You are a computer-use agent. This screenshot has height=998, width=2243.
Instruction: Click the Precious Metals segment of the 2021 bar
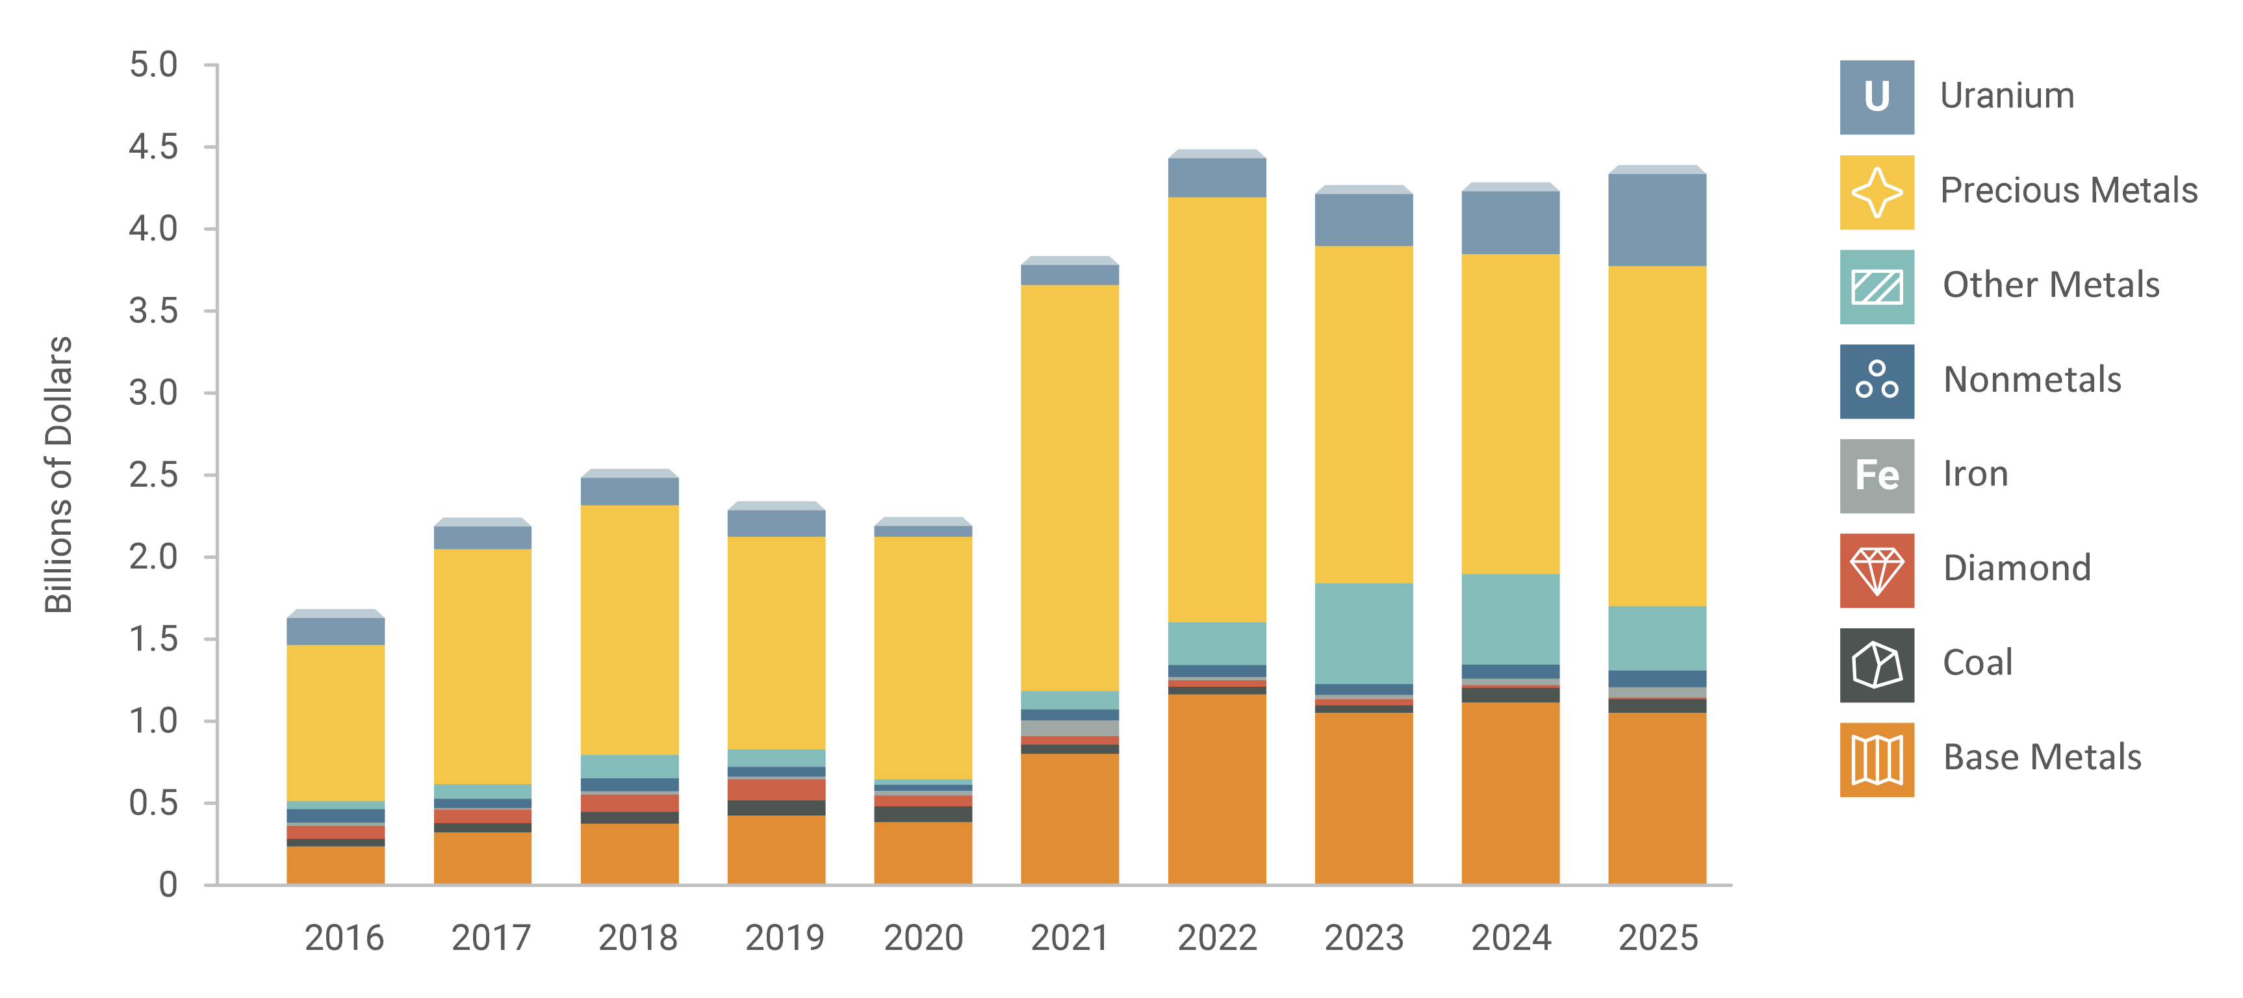[x=1070, y=488]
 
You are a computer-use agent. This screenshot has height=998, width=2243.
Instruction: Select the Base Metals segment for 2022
[x=1216, y=788]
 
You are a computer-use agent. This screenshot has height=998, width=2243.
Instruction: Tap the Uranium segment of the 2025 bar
[x=1656, y=220]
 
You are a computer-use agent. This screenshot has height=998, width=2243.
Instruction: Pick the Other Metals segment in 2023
[x=1364, y=633]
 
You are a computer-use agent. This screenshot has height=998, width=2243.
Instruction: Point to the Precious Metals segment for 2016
[x=335, y=723]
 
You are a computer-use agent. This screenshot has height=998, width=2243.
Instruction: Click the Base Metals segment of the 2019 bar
[x=776, y=849]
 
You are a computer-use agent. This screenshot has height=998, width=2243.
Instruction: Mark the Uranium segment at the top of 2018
[x=630, y=491]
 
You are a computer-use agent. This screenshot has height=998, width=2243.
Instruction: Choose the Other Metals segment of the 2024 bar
[x=1510, y=619]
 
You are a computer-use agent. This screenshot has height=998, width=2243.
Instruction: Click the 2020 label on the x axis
[x=923, y=938]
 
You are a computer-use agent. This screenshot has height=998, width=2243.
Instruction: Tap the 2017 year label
[x=491, y=938]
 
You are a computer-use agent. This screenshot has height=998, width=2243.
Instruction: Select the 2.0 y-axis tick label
[x=153, y=556]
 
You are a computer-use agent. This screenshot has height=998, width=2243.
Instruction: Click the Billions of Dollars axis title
[x=59, y=474]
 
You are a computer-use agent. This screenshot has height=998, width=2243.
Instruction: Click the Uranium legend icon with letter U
[x=1877, y=97]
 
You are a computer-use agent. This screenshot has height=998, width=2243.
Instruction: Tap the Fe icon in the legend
[x=1877, y=476]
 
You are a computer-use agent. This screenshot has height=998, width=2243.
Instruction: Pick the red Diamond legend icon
[x=1877, y=570]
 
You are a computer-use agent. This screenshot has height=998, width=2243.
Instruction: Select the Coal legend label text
[x=1977, y=663]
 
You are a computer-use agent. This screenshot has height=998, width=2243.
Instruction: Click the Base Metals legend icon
[x=1877, y=760]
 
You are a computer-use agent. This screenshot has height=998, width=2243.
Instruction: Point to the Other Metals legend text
[x=2051, y=285]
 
